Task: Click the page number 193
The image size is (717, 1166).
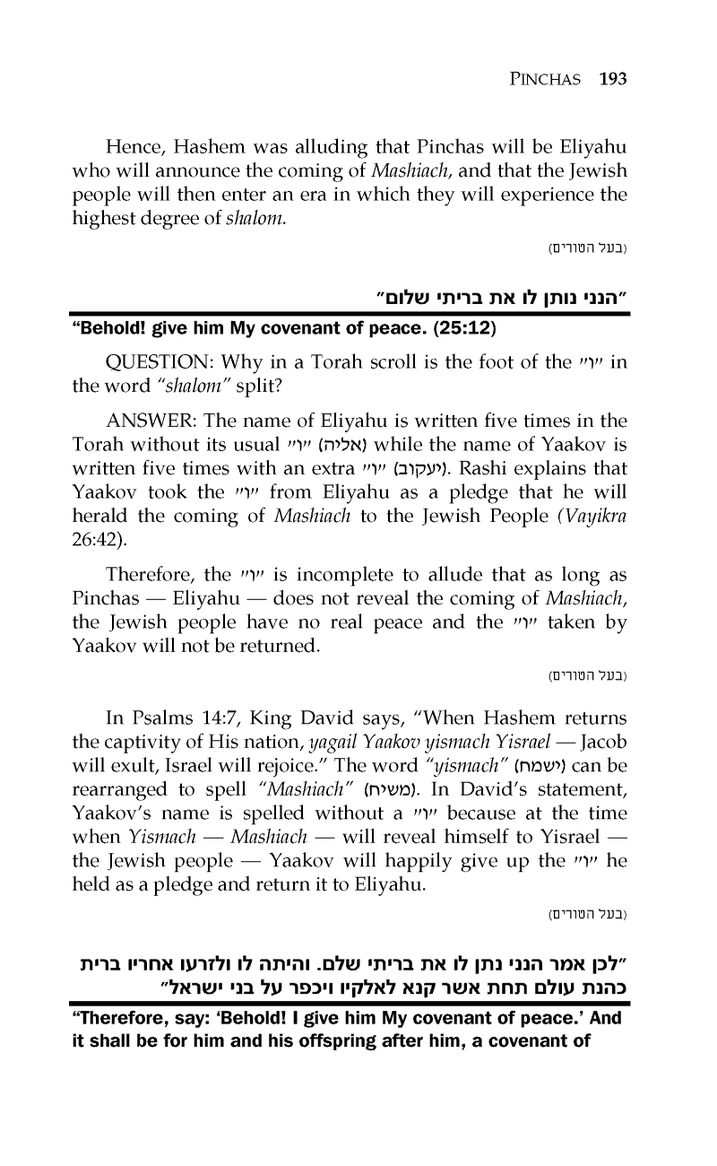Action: pyautogui.click(x=611, y=78)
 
